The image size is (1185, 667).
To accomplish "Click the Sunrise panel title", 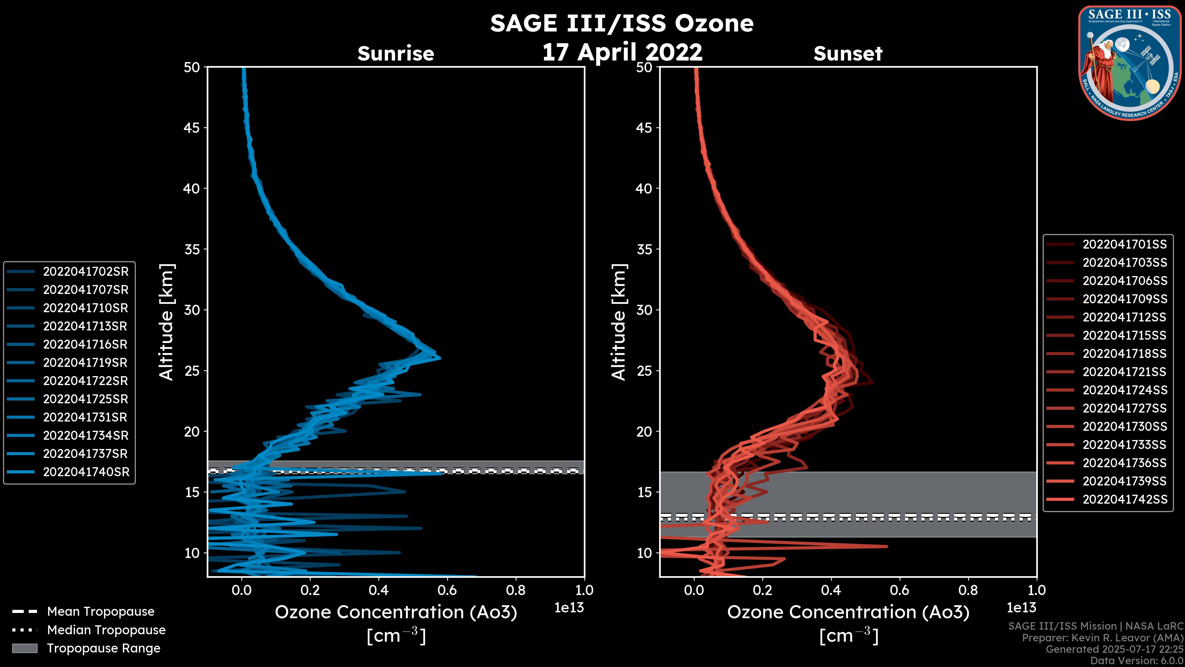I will pyautogui.click(x=396, y=54).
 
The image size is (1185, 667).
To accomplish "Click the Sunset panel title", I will pyautogui.click(x=848, y=54).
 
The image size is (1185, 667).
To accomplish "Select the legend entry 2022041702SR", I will pyautogui.click(x=85, y=272).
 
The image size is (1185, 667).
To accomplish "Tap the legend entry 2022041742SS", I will pyautogui.click(x=1124, y=499).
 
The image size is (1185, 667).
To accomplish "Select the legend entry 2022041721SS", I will pyautogui.click(x=1124, y=371).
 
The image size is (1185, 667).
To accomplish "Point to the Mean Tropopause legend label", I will pyautogui.click(x=101, y=611).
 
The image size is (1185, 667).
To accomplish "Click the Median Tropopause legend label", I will pyautogui.click(x=106, y=630).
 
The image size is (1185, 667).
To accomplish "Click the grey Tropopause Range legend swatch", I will pyautogui.click(x=24, y=648).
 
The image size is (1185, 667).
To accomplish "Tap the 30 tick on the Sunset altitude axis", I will pyautogui.click(x=644, y=310).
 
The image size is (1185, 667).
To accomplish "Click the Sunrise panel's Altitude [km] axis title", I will pyautogui.click(x=167, y=322).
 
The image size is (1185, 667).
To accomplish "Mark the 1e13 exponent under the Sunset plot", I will pyautogui.click(x=1021, y=608).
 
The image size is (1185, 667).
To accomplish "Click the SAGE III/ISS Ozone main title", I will pyautogui.click(x=622, y=23).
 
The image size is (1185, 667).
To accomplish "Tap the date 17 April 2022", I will pyautogui.click(x=622, y=52).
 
